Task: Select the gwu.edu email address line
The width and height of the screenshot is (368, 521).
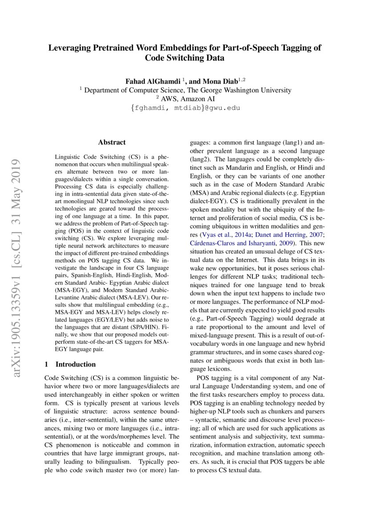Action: pyautogui.click(x=184, y=107)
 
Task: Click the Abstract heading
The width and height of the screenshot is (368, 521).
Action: pyautogui.click(x=112, y=143)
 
